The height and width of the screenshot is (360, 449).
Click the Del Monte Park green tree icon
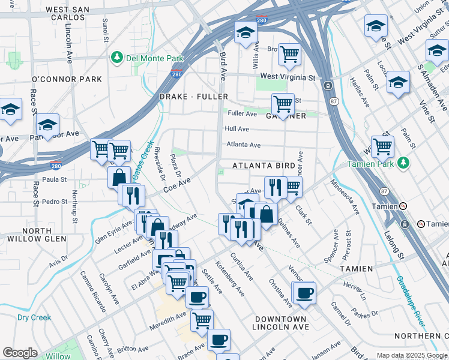pyautogui.click(x=116, y=57)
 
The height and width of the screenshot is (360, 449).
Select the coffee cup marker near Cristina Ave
pyautogui.click(x=304, y=293)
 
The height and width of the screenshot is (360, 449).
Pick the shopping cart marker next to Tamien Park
pyautogui.click(x=382, y=146)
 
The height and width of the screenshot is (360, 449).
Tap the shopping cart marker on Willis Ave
pyautogui.click(x=289, y=55)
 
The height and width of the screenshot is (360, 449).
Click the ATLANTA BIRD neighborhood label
pyautogui.click(x=264, y=166)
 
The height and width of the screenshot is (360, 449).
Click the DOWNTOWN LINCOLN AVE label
pyautogui.click(x=280, y=323)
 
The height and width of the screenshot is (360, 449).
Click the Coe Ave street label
pyautogui.click(x=176, y=184)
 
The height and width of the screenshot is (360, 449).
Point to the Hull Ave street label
pyautogui.click(x=237, y=129)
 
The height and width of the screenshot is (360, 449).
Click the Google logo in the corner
pyautogui.click(x=20, y=353)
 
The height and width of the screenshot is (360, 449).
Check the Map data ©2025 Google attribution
pyautogui.click(x=412, y=355)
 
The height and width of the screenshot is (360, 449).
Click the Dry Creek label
pyautogui.click(x=34, y=317)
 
